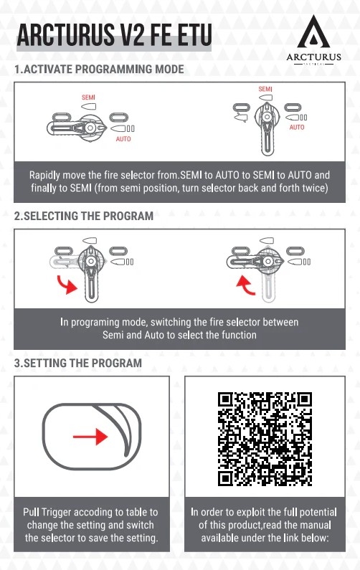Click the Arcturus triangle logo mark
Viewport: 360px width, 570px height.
click(313, 33)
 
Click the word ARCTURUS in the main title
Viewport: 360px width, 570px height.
click(65, 35)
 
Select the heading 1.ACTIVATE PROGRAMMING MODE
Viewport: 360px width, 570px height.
click(99, 69)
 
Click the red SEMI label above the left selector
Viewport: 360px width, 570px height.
click(88, 98)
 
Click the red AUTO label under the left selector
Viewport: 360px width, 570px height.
click(123, 139)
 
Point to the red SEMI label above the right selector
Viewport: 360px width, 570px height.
click(265, 89)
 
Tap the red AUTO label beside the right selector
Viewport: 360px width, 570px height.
click(297, 127)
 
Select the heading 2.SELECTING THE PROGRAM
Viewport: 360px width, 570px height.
click(84, 216)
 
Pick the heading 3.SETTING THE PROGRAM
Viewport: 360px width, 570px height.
click(78, 363)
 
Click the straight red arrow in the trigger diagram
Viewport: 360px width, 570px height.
click(90, 436)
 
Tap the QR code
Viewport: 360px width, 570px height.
click(265, 439)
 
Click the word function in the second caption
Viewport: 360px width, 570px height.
click(239, 335)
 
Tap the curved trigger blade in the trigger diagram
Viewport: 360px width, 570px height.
click(123, 429)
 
